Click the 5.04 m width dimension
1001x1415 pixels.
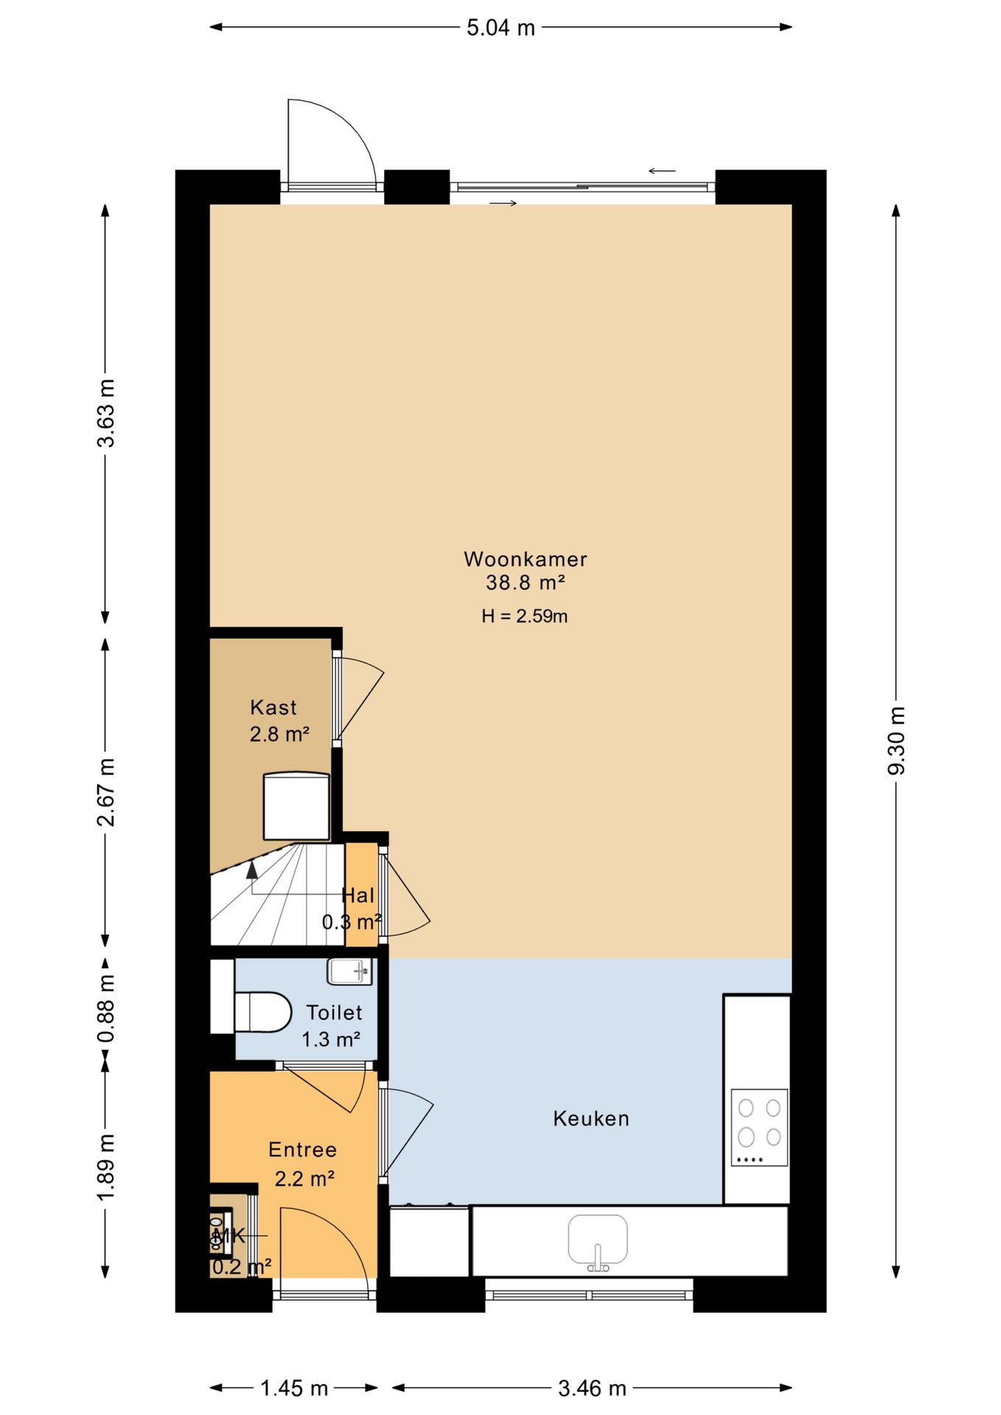501,28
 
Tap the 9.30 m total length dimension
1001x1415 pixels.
896,741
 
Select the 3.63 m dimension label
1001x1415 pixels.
106,413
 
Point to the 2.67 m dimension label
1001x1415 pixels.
106,792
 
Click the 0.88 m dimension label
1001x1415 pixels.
106,1007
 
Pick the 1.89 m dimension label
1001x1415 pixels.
106,1167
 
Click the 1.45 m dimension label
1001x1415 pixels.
294,1388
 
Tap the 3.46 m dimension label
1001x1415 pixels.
592,1388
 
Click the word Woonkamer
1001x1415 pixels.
526,559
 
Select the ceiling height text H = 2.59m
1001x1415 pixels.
525,616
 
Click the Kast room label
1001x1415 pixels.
273,707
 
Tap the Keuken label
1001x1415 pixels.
591,1119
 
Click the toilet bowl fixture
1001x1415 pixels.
263,1012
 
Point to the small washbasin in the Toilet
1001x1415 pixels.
349,971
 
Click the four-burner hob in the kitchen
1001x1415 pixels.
759,1127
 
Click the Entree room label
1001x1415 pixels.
302,1150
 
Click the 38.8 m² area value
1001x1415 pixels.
525,583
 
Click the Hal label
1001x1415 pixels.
358,895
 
